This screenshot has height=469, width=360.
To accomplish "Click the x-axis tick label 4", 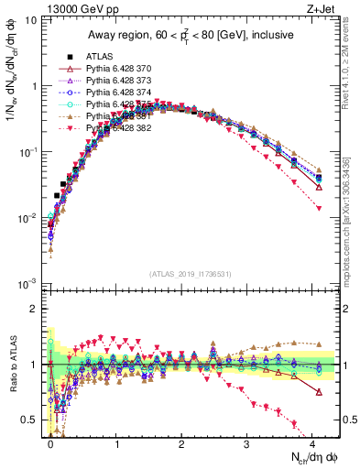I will tap(313, 442).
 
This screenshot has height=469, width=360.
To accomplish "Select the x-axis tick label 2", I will tap(182, 442).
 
